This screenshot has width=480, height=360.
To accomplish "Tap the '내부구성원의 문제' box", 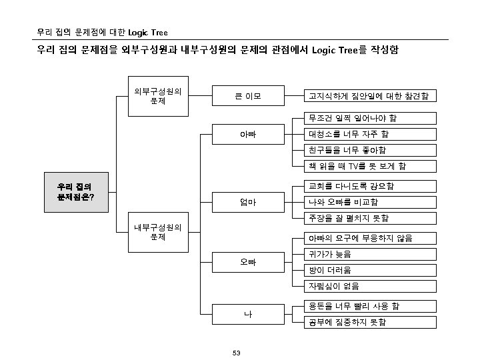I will (158, 231).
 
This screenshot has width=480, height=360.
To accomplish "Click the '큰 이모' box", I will (247, 97).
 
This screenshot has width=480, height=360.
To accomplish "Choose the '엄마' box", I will (247, 201).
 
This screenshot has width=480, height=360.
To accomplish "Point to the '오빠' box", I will (247, 262).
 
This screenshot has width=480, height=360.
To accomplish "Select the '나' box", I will (247, 313).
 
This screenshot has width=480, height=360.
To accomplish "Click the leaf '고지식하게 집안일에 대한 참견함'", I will (369, 97).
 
